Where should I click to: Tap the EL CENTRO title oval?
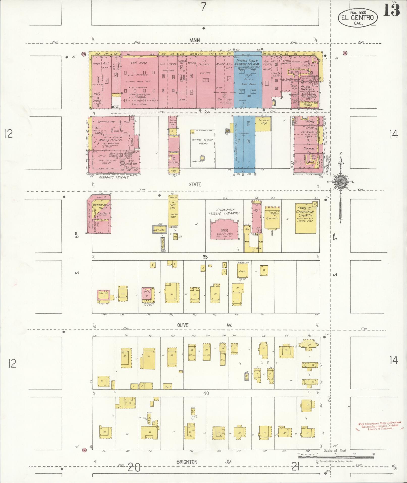[x=358, y=17]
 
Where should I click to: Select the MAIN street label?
[x=195, y=40]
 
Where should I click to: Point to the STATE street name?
[x=195, y=185]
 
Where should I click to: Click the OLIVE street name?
[x=182, y=325]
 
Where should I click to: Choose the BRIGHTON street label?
[x=187, y=462]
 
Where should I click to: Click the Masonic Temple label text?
[x=114, y=177]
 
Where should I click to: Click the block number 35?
[x=205, y=257]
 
